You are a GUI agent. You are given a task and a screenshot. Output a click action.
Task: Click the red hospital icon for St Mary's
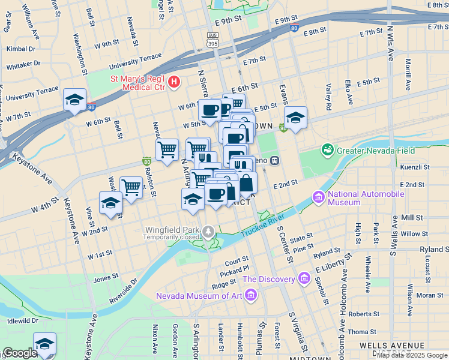[174, 81]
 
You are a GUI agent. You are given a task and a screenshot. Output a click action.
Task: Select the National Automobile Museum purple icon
[318, 197]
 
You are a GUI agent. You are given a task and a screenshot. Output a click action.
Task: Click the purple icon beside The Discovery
[304, 278]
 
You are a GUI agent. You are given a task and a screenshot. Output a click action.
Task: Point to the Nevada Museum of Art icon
[251, 295]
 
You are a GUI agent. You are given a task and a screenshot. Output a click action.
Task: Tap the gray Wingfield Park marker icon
[208, 230]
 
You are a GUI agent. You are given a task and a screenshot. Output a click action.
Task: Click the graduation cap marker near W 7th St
[74, 100]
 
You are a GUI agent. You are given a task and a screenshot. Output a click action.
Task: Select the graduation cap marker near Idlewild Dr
[44, 344]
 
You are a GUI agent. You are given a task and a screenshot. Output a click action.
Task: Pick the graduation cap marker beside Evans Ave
[295, 118]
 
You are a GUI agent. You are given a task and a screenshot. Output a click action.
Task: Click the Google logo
[19, 353]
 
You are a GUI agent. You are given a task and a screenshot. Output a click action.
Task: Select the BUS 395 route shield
[212, 40]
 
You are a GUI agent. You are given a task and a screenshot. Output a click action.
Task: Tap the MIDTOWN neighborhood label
[309, 357]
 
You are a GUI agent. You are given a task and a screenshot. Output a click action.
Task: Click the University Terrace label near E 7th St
[135, 61]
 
